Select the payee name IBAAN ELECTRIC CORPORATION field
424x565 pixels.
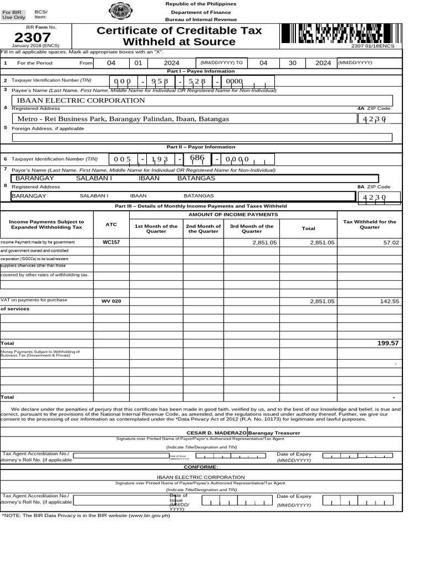81,100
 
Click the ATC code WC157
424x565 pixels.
111,242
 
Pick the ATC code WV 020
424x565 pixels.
111,301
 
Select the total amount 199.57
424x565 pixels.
388,343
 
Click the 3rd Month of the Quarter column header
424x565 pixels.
252,228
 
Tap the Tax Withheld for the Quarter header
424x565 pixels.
369,225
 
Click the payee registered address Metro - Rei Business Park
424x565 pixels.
123,119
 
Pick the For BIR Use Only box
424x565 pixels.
14,14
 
